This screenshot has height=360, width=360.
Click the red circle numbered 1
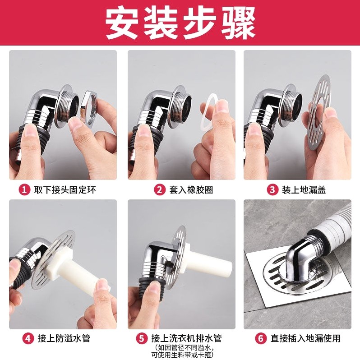click(24, 190)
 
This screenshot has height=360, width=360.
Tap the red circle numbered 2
click(160, 190)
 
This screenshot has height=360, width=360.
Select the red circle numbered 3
click(272, 190)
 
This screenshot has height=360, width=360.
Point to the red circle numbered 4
click(28, 338)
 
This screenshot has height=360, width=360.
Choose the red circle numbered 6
click(261, 338)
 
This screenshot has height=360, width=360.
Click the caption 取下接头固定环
click(65, 190)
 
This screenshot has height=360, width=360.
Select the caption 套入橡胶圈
click(191, 190)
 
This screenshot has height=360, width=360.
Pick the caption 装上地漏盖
click(304, 190)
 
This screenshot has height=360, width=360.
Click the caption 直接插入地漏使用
click(305, 338)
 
